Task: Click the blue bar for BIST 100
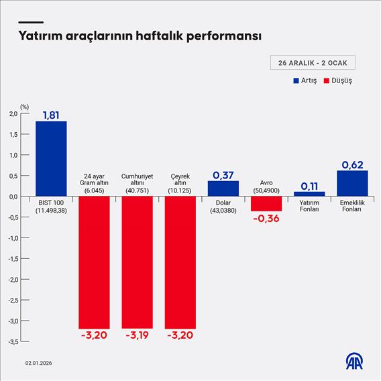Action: point(51,158)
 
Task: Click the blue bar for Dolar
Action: point(223,188)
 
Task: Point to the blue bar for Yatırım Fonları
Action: point(309,194)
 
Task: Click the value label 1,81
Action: point(51,115)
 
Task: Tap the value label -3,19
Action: point(137,335)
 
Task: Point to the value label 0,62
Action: point(352,164)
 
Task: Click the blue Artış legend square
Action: point(296,80)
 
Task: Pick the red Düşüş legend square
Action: point(326,80)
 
